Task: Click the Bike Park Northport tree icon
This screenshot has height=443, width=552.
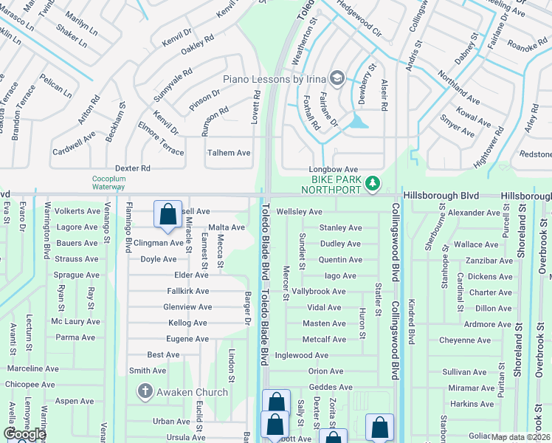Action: point(373,182)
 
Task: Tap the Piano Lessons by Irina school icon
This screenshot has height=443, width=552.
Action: point(337,78)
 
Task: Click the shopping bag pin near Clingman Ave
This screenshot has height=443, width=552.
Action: point(168,213)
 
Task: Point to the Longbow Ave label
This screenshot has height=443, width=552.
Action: point(333,169)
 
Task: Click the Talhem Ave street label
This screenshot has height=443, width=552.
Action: point(229,153)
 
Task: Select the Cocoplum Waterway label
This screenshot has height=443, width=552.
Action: point(109,182)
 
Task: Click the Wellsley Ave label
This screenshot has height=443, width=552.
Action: point(299,212)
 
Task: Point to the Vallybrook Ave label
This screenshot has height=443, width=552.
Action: point(319,292)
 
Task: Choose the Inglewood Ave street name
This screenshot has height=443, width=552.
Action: point(301,355)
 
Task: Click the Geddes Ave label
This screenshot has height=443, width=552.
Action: point(330,387)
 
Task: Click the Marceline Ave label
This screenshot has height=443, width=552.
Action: point(32,368)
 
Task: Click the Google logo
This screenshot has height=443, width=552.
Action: point(25,434)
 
